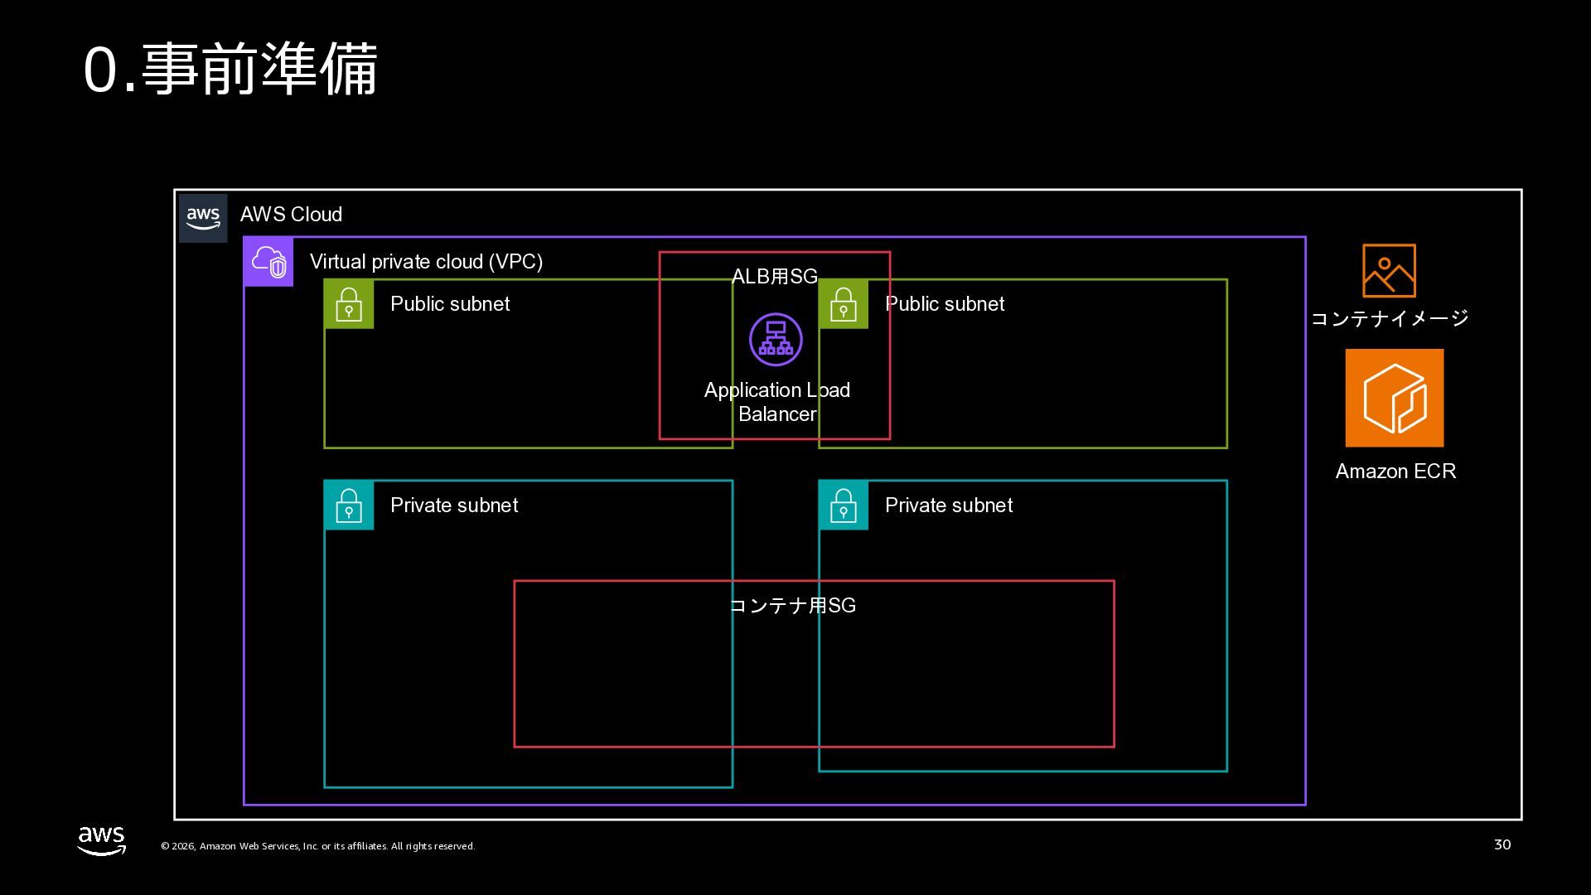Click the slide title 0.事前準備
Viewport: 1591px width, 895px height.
coord(230,70)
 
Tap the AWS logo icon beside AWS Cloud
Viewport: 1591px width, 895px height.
coord(203,218)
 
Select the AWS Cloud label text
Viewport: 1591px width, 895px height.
coord(291,215)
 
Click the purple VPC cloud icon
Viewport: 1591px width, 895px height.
coord(268,262)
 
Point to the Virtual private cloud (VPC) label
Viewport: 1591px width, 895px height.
coord(426,262)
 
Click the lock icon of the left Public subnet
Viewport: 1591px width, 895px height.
coord(349,304)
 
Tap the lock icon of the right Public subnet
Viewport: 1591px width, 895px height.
coord(844,304)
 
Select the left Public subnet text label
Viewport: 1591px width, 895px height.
coord(450,304)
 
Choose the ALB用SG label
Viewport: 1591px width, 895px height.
coord(775,277)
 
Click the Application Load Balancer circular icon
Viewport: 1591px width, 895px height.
coord(776,339)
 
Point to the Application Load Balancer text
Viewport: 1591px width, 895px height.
coord(777,402)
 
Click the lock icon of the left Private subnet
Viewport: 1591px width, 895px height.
coord(349,505)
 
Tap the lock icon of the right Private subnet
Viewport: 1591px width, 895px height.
coord(844,505)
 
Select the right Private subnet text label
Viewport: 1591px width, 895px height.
coord(949,506)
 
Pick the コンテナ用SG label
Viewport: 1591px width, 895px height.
coord(793,606)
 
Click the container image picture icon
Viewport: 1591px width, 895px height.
coord(1389,270)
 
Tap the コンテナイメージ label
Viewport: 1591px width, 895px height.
coord(1390,318)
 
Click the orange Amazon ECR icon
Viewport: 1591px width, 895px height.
coord(1395,398)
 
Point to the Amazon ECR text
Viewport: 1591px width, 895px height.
coord(1395,472)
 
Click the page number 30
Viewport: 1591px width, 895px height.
coord(1502,844)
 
